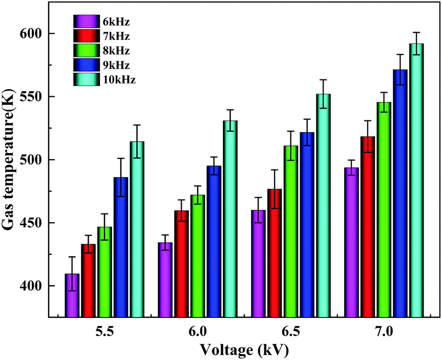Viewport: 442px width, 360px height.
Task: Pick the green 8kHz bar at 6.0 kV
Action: pyautogui.click(x=198, y=256)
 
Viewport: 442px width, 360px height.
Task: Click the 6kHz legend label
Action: pyautogui.click(x=116, y=22)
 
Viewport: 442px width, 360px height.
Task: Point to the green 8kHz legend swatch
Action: pyautogui.click(x=82, y=51)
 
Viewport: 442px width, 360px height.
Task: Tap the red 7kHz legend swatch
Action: pyautogui.click(x=82, y=36)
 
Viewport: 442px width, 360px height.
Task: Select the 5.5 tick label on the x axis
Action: pyautogui.click(x=104, y=330)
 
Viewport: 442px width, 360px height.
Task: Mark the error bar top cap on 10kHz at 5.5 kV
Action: pyautogui.click(x=137, y=125)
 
